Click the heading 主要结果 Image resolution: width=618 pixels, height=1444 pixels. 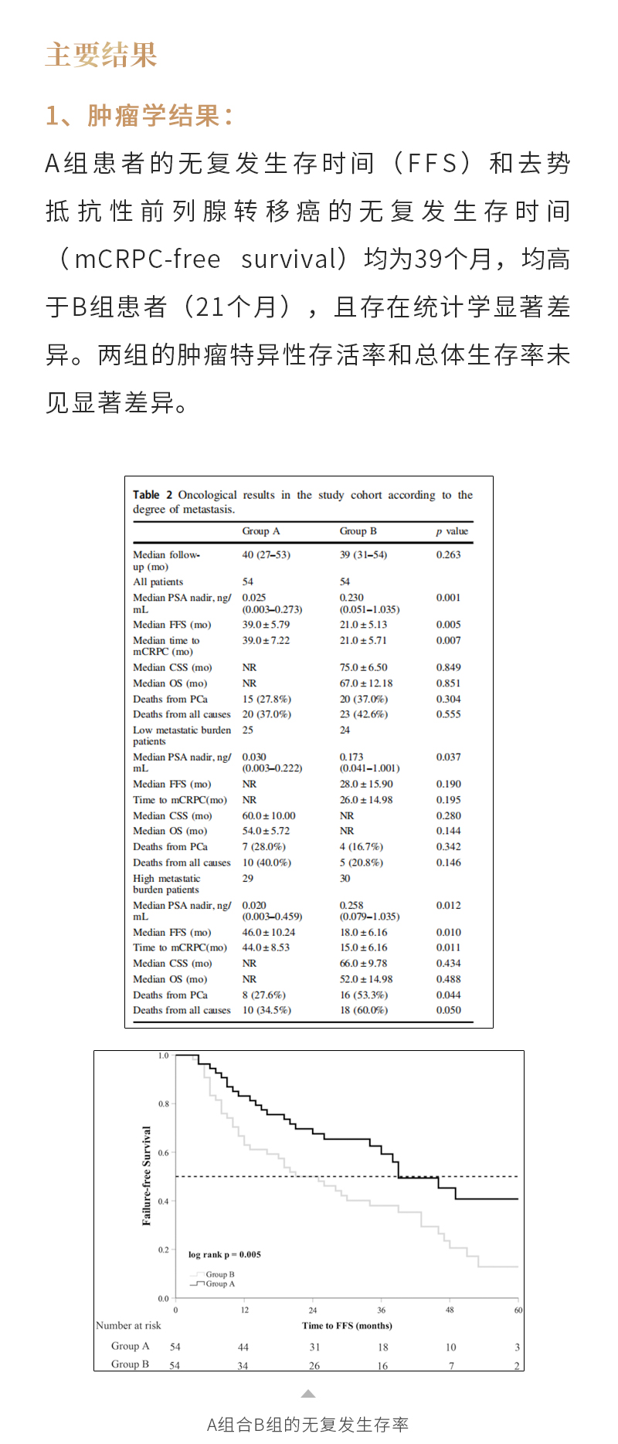coord(101,56)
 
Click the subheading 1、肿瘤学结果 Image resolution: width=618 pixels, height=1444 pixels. coord(139,116)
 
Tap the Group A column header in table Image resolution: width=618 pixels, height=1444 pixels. coord(260,531)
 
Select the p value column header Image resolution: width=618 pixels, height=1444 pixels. coord(452,531)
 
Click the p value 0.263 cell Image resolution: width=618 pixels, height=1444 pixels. coord(448,554)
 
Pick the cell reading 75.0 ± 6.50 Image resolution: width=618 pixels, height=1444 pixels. coord(363,667)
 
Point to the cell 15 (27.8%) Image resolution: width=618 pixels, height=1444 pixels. coord(267,699)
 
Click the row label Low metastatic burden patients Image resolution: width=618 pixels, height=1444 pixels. coord(182,735)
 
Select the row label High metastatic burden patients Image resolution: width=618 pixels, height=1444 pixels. coord(166,883)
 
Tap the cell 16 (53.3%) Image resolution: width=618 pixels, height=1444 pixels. coord(363,995)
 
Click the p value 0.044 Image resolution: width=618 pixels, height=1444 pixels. coord(448,995)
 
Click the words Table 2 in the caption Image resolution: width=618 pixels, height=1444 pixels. coord(152,495)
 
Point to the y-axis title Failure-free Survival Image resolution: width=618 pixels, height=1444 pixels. coord(147,1175)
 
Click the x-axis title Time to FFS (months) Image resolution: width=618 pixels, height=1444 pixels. coord(347,1325)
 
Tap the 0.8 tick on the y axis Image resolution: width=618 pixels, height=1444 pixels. coord(164,1103)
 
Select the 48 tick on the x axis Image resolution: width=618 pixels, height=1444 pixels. coord(450,1310)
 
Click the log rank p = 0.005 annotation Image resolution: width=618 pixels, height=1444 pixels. coord(224,1254)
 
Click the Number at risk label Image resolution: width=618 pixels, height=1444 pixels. coord(128,1325)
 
